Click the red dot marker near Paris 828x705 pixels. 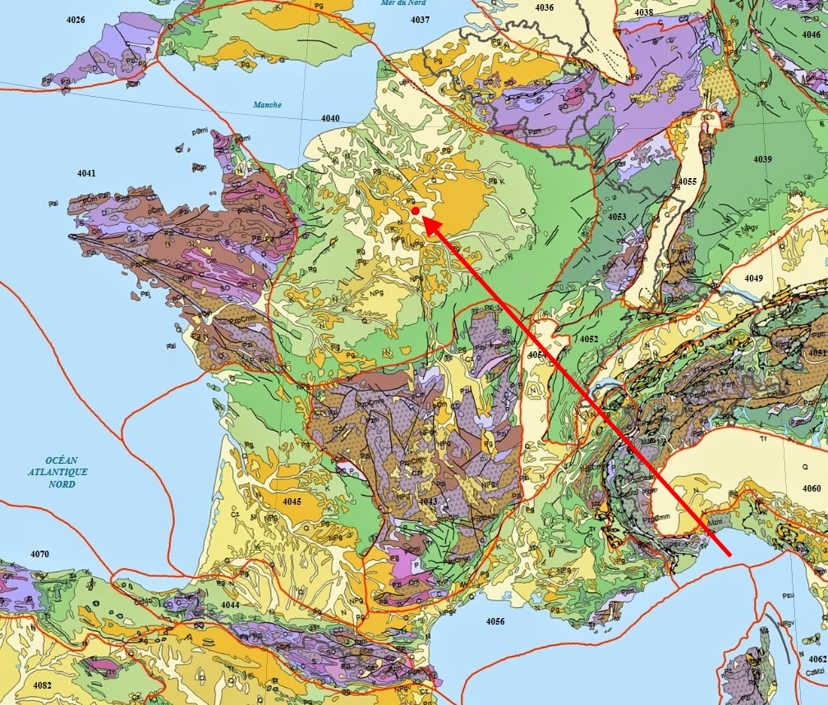click(416, 212)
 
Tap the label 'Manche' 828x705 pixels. click(267, 104)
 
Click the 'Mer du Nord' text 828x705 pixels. click(400, 3)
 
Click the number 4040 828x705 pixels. click(330, 119)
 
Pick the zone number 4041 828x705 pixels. click(86, 173)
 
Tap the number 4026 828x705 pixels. click(76, 19)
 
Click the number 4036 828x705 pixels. click(544, 7)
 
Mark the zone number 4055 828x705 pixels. click(688, 181)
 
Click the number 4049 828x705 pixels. click(754, 279)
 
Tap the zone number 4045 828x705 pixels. click(292, 501)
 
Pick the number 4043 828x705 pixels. click(428, 501)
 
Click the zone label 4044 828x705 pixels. click(230, 605)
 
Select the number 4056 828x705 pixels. click(494, 621)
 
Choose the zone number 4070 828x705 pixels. click(39, 554)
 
